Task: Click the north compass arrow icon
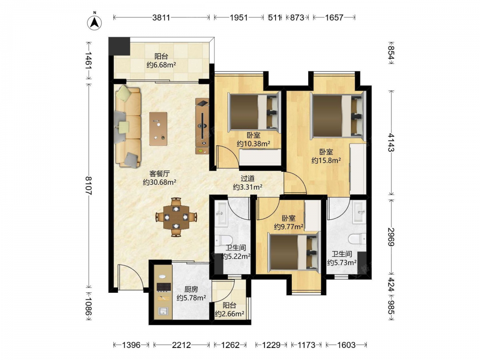[x=95, y=23]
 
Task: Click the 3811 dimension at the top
[x=161, y=17]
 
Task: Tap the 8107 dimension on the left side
[x=88, y=185]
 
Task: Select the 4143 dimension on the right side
[x=391, y=142]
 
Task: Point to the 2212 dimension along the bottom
[x=181, y=345]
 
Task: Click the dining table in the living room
[x=176, y=217]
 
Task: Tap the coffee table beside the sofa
[x=158, y=129]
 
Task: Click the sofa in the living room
[x=128, y=126]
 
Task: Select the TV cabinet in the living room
[x=202, y=126]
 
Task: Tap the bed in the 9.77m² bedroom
[x=294, y=252]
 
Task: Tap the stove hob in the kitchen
[x=164, y=287]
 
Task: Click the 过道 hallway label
[x=247, y=179]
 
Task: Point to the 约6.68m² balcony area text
[x=161, y=65]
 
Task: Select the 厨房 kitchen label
[x=191, y=289]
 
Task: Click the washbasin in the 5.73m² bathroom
[x=359, y=212]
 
